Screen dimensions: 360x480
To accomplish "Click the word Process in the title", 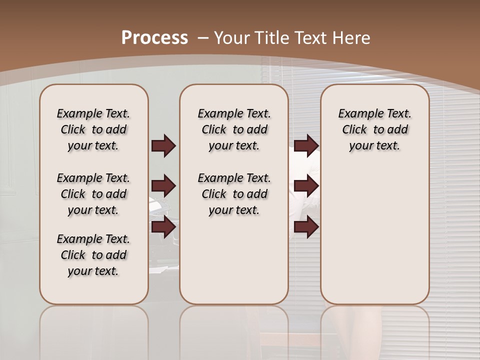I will (154, 38).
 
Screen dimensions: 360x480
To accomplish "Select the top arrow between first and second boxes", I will (163, 146).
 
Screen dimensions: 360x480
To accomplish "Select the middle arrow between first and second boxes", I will (163, 186).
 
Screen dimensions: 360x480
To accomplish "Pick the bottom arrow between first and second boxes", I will (163, 226).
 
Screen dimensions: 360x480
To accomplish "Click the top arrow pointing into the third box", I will (306, 146).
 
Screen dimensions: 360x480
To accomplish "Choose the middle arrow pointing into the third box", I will (306, 186).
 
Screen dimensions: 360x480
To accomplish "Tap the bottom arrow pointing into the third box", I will (306, 226).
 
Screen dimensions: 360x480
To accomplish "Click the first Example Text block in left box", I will (93, 129).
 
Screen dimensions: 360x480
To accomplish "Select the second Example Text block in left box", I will (93, 194).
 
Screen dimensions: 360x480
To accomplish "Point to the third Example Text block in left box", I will (93, 255).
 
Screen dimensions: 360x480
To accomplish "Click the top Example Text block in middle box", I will (234, 129).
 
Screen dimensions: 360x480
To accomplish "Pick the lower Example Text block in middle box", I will (234, 194).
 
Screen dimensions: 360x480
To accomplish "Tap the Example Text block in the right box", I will (374, 129).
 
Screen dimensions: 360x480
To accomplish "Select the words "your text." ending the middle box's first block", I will (234, 146).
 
